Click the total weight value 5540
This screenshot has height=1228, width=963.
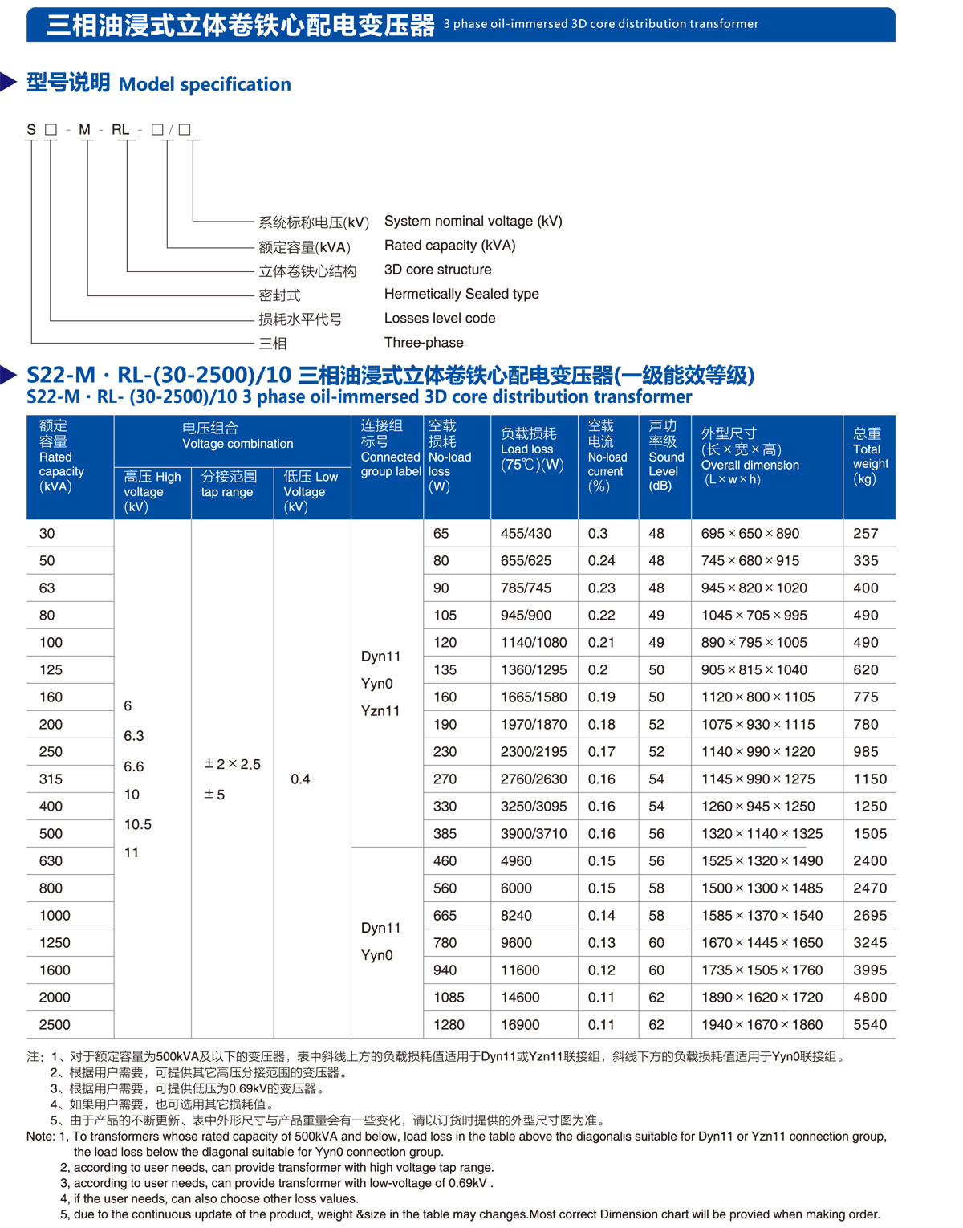click(x=870, y=1025)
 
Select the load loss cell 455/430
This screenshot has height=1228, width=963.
click(x=526, y=534)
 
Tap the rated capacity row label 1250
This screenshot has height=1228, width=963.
click(x=55, y=943)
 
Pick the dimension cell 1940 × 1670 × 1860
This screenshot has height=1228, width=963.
click(x=762, y=1025)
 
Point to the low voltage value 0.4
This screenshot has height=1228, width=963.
click(x=300, y=779)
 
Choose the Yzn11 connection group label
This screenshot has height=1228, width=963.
click(x=380, y=711)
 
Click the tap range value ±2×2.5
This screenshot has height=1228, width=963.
click(x=233, y=764)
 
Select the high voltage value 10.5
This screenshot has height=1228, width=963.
click(x=138, y=825)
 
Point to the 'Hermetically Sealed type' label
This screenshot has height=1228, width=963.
click(x=461, y=295)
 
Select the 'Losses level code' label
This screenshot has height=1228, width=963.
click(x=440, y=319)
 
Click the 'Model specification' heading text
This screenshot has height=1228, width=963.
click(x=205, y=84)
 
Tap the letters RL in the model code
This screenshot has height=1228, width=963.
click(x=120, y=130)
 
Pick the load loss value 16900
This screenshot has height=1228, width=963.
click(x=520, y=1025)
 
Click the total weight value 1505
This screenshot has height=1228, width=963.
click(x=870, y=834)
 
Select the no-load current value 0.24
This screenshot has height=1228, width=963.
click(x=601, y=561)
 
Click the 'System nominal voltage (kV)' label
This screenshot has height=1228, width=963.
click(x=473, y=222)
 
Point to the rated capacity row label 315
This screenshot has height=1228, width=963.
click(x=51, y=779)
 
